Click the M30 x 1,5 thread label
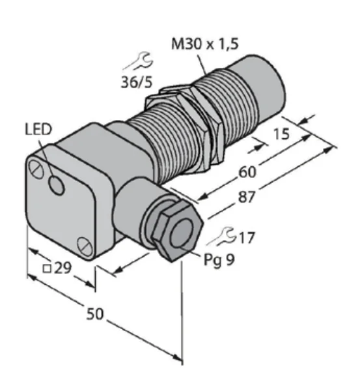tap(204, 44)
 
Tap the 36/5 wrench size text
tap(137, 82)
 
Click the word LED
tap(38, 130)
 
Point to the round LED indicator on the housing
tap(57, 185)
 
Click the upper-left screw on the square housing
tap(36, 169)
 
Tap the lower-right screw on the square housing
tap(85, 246)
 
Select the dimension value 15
tap(281, 134)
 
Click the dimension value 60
tap(247, 172)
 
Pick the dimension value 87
tap(247, 197)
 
